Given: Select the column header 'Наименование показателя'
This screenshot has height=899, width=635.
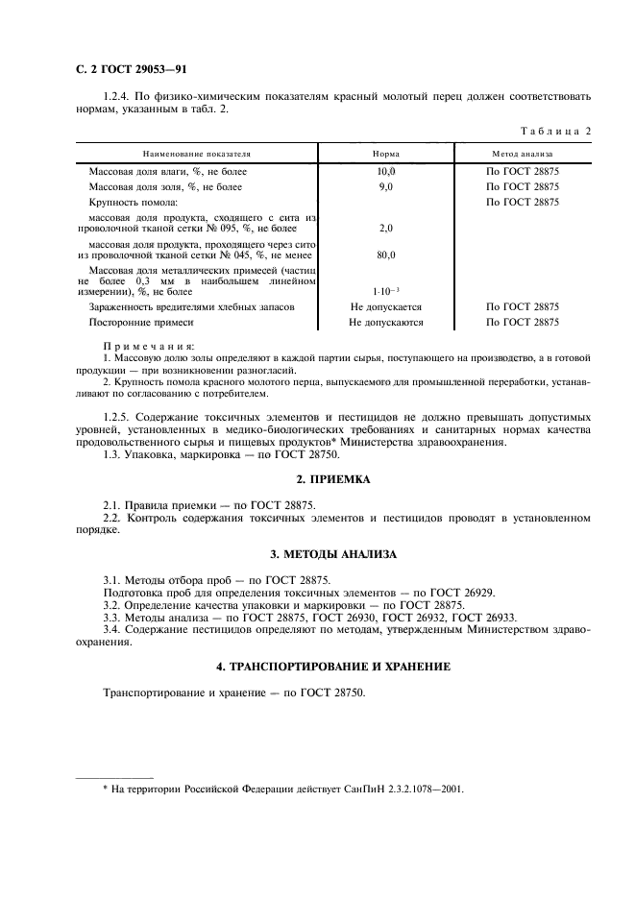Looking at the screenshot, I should coord(197,153).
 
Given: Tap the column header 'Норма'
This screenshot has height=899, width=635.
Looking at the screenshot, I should coord(386,153).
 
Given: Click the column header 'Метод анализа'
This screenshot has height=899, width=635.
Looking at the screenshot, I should coord(522,153).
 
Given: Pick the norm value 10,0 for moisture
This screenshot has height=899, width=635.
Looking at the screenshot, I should coord(386,171).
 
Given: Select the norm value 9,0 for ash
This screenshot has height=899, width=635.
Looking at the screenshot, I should coord(386,186).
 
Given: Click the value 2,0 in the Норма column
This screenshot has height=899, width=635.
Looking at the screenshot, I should coord(386,229).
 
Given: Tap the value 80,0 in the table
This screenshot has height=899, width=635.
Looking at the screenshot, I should coord(386,255).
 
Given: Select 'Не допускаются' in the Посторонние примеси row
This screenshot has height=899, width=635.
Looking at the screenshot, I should coord(386,323).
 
